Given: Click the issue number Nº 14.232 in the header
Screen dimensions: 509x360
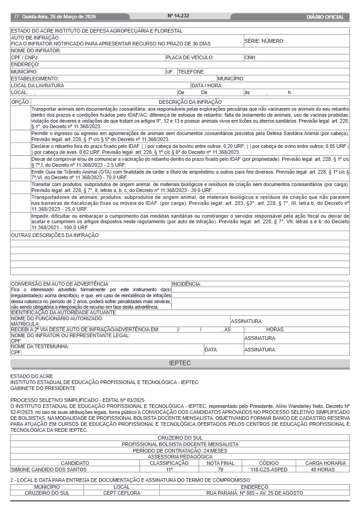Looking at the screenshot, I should [x=178, y=16].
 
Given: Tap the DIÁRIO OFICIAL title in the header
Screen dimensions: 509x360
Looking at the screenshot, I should [x=325, y=17].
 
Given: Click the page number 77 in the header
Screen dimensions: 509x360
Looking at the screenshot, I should [x=17, y=17].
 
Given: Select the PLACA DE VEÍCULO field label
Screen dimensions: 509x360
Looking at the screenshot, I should [x=190, y=58].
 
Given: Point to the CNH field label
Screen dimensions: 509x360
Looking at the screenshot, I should [x=250, y=58].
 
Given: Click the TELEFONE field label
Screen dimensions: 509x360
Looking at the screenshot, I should [x=191, y=72].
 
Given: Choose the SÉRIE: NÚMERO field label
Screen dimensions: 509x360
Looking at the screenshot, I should [x=264, y=41].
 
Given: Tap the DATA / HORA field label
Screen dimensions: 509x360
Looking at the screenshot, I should [x=207, y=85].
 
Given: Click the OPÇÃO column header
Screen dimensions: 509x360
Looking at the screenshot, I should [x=21, y=102].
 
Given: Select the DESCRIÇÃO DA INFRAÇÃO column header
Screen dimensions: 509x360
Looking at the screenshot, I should [x=190, y=102].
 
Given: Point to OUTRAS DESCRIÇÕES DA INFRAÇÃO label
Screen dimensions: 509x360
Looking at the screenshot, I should [x=55, y=236].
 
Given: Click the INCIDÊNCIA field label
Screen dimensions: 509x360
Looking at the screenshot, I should [x=186, y=284].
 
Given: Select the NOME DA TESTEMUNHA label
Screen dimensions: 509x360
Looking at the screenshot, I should [x=40, y=346].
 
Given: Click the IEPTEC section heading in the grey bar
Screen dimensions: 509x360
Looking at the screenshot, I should [x=180, y=363].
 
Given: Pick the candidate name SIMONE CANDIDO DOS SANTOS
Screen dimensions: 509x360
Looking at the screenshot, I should [x=49, y=469].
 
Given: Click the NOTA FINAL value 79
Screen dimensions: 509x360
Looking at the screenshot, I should [x=220, y=469].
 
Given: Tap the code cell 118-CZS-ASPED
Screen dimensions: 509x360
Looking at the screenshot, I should [x=269, y=469].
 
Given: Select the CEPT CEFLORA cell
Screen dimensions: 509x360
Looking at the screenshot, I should [x=115, y=493].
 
